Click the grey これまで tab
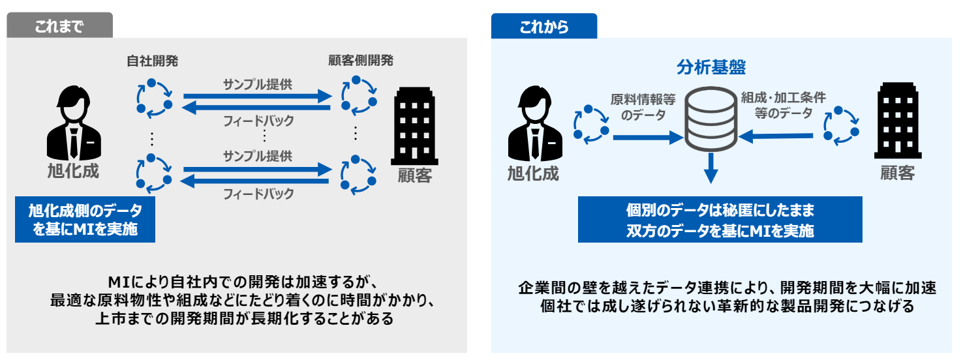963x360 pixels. point(59,25)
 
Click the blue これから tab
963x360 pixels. point(543,27)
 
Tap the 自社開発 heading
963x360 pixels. point(152,61)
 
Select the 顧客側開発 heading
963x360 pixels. point(361,61)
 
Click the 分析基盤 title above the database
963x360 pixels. point(711,67)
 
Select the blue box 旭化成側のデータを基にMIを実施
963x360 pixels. point(85,219)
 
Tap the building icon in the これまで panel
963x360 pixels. point(415,127)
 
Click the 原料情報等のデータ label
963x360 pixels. point(643,107)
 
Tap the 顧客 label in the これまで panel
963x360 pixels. point(415,175)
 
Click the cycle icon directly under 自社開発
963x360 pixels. point(155,98)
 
